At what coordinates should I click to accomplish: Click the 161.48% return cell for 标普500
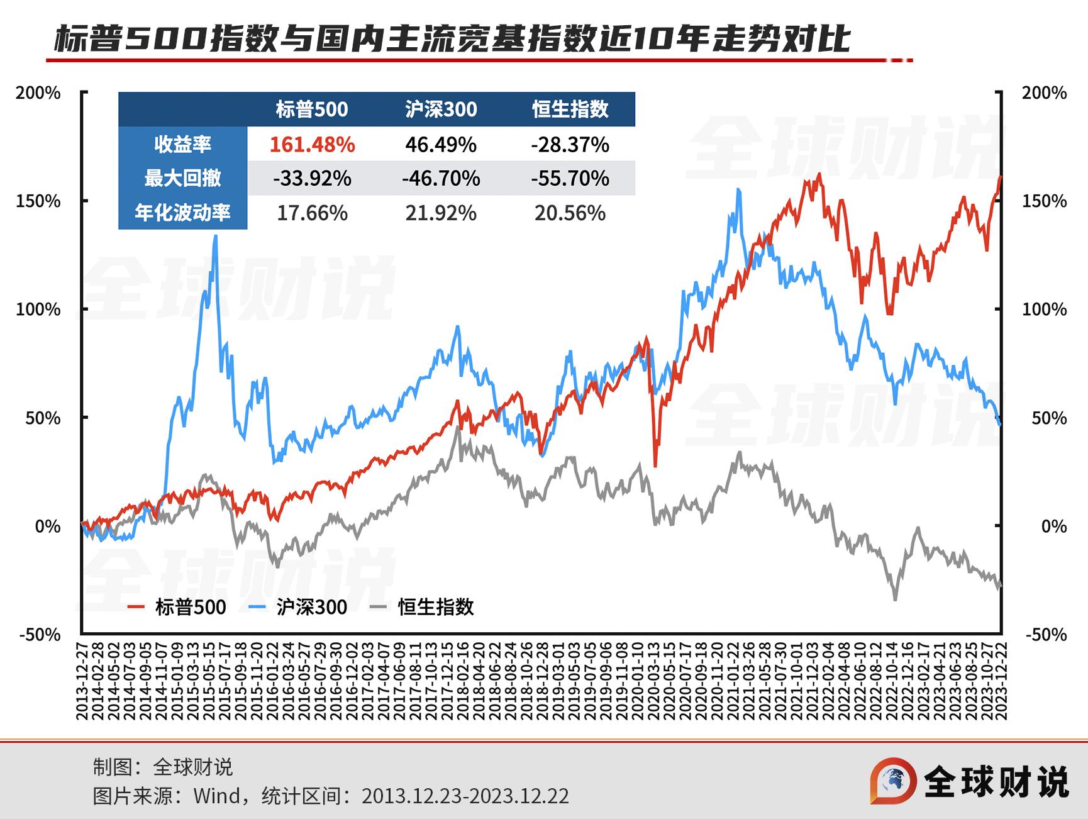pyautogui.click(x=312, y=145)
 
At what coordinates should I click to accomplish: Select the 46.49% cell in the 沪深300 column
pyautogui.click(x=440, y=145)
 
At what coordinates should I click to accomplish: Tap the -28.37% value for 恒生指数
pyautogui.click(x=570, y=145)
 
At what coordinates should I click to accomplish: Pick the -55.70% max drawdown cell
pyautogui.click(x=570, y=179)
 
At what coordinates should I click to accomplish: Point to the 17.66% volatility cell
pyautogui.click(x=312, y=213)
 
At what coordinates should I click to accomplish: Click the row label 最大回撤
pyautogui.click(x=182, y=179)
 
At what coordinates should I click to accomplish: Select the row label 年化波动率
pyautogui.click(x=182, y=213)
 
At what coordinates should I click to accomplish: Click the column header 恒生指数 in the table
pyautogui.click(x=570, y=109)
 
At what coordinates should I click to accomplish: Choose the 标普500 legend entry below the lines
pyautogui.click(x=177, y=607)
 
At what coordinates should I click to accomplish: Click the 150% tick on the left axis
pyautogui.click(x=38, y=201)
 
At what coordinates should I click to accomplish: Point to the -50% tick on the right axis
pyautogui.click(x=1046, y=635)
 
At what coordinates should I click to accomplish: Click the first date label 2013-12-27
pyautogui.click(x=82, y=681)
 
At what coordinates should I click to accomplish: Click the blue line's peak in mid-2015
pyautogui.click(x=216, y=237)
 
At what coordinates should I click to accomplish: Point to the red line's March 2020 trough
pyautogui.click(x=655, y=465)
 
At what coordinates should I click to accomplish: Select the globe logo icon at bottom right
pyautogui.click(x=893, y=781)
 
